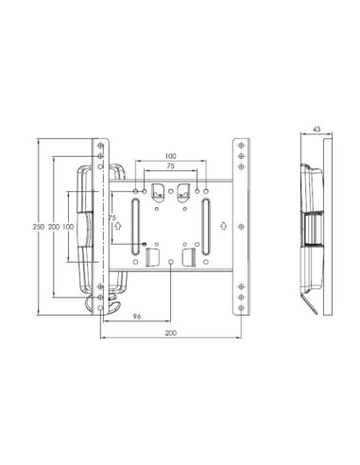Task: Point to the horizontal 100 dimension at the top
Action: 170,155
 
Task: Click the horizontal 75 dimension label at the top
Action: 170,166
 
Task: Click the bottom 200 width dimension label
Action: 170,335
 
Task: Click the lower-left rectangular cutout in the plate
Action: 153,256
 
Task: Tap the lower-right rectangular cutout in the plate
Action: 187,256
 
